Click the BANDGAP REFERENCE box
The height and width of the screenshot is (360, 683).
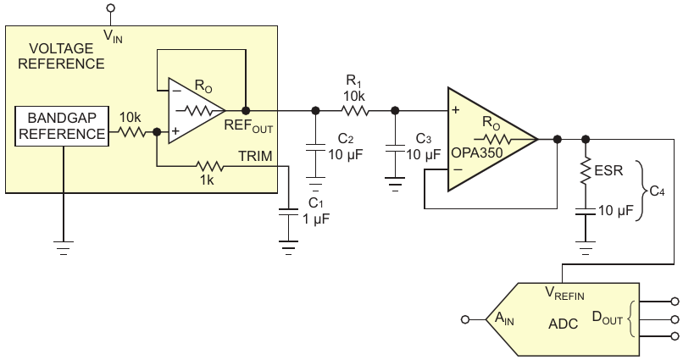(x=61, y=126)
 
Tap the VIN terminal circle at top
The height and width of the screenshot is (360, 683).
(x=111, y=8)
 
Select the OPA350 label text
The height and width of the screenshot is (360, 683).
(x=476, y=153)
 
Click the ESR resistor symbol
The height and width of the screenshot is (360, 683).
(x=586, y=170)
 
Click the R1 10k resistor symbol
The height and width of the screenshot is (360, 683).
(x=355, y=111)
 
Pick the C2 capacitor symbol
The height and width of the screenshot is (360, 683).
(x=315, y=147)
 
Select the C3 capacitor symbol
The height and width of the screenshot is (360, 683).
(x=395, y=147)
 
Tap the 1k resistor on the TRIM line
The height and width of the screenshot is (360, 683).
(x=209, y=166)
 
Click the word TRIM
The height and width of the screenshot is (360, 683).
(x=255, y=156)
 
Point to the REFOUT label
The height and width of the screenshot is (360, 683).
(x=248, y=126)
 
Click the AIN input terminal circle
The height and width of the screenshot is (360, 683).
(x=465, y=320)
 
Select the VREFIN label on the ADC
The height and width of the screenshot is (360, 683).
(x=564, y=293)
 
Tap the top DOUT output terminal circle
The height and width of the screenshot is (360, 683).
(x=675, y=301)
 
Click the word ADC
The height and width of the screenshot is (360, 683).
(x=564, y=324)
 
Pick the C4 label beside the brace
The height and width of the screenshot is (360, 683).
(x=657, y=191)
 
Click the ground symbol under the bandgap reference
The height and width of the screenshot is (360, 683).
(x=64, y=247)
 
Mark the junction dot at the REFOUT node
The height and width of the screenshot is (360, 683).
(x=246, y=111)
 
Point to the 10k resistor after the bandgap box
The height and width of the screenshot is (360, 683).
(x=131, y=131)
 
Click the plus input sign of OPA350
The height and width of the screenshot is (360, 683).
(x=456, y=110)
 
